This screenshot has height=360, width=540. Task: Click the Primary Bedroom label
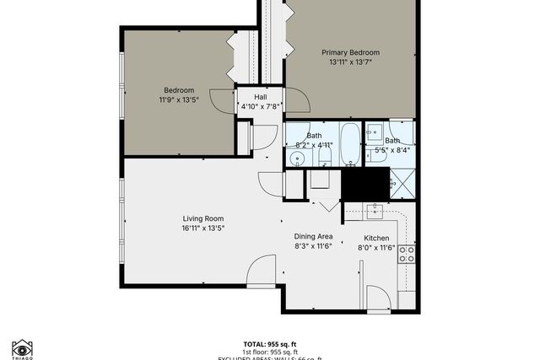(x=350, y=52)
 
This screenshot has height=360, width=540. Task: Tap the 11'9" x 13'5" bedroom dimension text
(x=179, y=100)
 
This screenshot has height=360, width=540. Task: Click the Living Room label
(x=202, y=218)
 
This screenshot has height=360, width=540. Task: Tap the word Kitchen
(x=376, y=238)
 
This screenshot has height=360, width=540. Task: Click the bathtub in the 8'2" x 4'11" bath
(x=349, y=143)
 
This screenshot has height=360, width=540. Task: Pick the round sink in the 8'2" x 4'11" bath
(x=297, y=158)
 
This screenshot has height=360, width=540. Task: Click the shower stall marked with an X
(x=402, y=180)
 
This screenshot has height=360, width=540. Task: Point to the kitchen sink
(x=375, y=208)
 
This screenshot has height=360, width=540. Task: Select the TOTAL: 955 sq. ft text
(x=269, y=344)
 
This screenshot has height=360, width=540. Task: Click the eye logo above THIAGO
(x=23, y=346)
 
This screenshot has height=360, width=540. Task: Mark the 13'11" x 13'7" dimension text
(x=350, y=62)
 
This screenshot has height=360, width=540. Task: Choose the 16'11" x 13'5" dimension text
(x=202, y=228)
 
